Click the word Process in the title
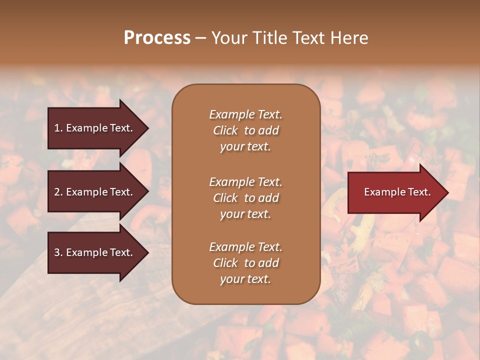click(x=157, y=38)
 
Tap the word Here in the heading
click(x=348, y=38)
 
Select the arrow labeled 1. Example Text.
click(x=95, y=128)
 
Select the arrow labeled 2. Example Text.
click(x=95, y=192)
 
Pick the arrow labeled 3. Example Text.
click(x=95, y=252)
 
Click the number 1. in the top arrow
click(x=58, y=128)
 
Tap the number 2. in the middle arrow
click(x=58, y=192)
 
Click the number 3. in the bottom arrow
click(x=58, y=252)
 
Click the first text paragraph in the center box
click(x=245, y=130)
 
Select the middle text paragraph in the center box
click(x=245, y=198)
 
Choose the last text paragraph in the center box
click(x=245, y=263)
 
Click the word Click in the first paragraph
click(x=225, y=130)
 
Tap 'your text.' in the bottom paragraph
click(x=245, y=279)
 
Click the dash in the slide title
click(x=200, y=38)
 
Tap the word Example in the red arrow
click(x=381, y=192)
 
